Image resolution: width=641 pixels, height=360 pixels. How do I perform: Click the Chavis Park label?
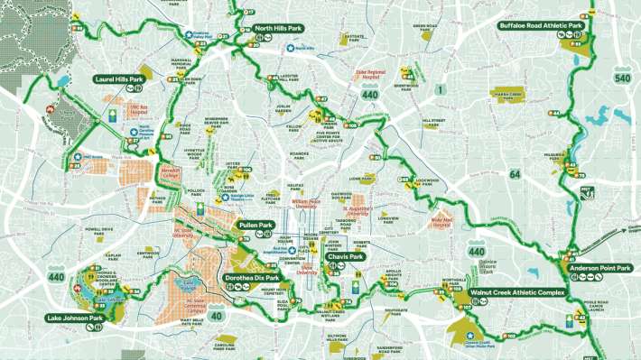(346, 257)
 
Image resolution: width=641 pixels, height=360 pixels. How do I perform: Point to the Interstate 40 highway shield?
(218, 316)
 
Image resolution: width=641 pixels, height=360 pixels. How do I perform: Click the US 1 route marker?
(440, 88)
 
